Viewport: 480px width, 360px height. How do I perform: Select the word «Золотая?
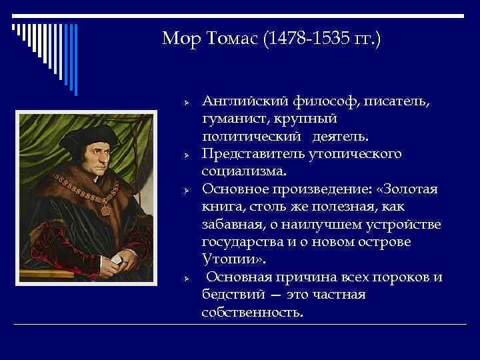(408, 189)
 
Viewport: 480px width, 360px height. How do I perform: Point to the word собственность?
(252, 311)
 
